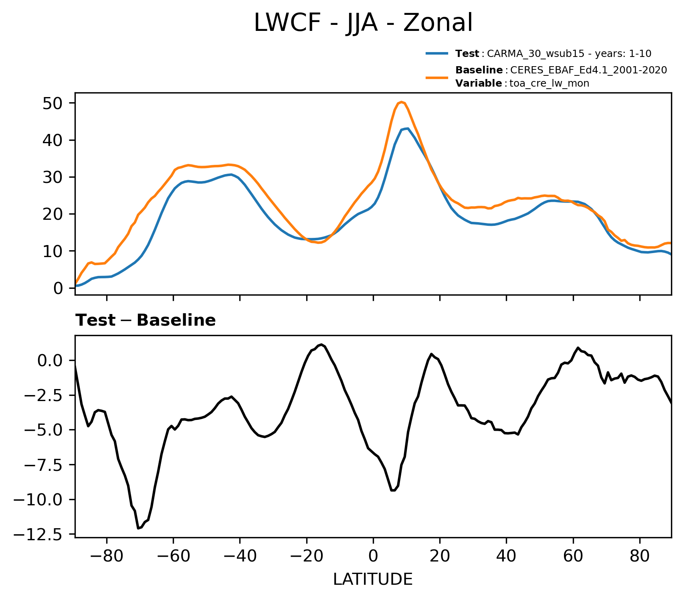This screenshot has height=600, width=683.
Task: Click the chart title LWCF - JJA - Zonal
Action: pos(364,23)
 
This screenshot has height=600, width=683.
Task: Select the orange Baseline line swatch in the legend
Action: pos(437,77)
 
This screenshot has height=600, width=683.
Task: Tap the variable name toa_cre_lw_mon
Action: pos(549,83)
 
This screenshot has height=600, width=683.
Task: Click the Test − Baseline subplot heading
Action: pos(146,320)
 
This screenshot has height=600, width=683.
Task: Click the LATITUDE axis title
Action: pos(373,580)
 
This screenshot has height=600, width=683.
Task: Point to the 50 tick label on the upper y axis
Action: pos(53,103)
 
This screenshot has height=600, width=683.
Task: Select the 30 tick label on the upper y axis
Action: pos(53,177)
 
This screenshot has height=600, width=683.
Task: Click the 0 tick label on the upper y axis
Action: pos(58,288)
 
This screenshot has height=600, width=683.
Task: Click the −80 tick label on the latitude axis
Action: pos(106,557)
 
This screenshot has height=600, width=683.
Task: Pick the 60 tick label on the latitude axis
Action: pos(573,557)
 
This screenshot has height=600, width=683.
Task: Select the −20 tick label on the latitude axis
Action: pos(306,557)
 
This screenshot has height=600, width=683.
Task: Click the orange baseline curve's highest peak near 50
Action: pos(401,102)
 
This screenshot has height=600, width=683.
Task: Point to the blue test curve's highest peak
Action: pos(407,128)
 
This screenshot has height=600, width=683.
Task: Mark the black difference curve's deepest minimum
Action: pos(138,528)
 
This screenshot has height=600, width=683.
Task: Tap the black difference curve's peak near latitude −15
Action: pos(321,345)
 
